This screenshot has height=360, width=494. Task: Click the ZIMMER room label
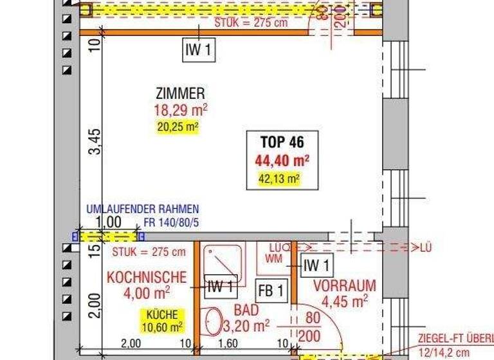[x=179, y=94]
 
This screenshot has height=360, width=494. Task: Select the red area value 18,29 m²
[x=179, y=111]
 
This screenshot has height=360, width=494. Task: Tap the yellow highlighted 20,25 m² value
[x=177, y=127]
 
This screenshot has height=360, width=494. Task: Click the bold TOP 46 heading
[x=281, y=141]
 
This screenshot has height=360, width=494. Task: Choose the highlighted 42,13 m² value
[x=279, y=180]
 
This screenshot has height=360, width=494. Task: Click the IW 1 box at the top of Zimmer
[x=199, y=51]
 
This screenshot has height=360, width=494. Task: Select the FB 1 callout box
[x=271, y=291]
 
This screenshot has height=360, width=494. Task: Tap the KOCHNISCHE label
[x=147, y=278]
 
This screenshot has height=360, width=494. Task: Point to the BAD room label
[x=246, y=310]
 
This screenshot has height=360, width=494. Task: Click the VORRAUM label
[x=344, y=285]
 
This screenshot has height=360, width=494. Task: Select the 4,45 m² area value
[x=344, y=301]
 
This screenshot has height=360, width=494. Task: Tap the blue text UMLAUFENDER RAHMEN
[x=143, y=209]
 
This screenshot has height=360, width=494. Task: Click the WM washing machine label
[x=273, y=258]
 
